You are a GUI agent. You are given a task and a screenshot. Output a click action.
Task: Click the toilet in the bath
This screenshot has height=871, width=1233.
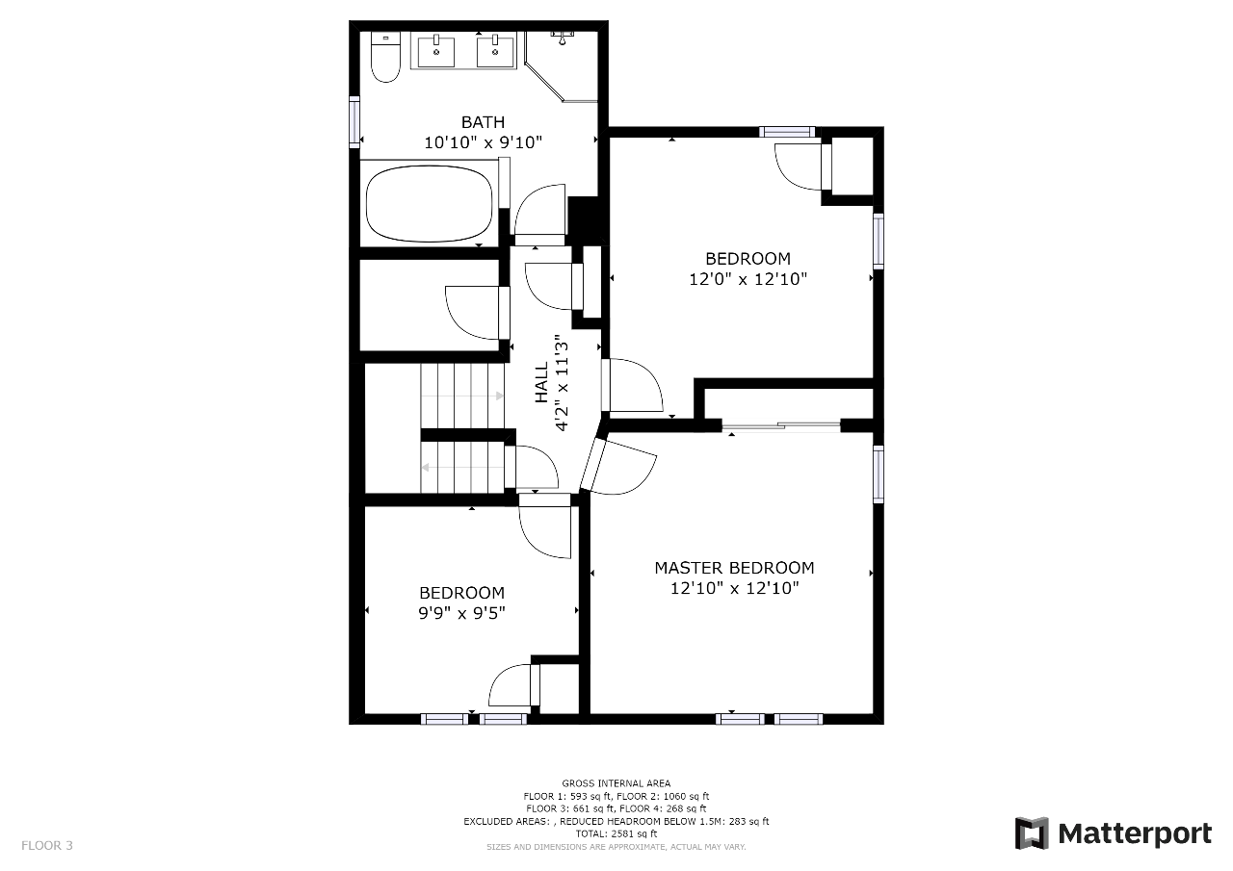click(385, 57)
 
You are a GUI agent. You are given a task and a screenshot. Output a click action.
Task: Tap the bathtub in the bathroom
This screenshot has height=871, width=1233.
click(430, 204)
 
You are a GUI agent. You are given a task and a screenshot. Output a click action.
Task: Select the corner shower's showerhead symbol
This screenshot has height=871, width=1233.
click(562, 38)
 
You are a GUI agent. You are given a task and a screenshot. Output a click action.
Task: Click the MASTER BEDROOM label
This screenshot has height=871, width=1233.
click(734, 568)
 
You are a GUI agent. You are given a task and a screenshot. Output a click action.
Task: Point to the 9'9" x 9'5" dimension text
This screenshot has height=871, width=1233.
click(461, 612)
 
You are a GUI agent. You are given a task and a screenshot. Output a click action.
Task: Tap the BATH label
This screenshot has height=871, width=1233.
click(483, 121)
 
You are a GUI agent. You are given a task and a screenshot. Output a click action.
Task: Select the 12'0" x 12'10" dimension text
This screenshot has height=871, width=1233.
click(748, 279)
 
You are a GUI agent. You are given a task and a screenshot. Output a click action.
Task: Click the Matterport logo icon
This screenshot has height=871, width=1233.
click(1032, 833)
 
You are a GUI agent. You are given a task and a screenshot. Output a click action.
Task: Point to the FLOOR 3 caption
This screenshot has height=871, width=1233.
click(47, 845)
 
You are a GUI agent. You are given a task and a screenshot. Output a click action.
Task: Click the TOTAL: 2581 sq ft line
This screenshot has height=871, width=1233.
click(616, 833)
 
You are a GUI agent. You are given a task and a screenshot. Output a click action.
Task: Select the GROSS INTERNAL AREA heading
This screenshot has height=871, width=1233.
click(616, 783)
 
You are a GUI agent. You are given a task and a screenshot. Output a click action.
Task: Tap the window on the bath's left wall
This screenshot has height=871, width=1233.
click(354, 122)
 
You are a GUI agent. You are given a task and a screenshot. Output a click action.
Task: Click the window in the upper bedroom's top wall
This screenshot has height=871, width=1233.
click(787, 132)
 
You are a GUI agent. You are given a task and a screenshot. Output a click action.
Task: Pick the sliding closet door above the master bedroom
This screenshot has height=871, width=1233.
click(781, 425)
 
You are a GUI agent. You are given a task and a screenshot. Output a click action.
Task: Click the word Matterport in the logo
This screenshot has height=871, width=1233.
click(1135, 833)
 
